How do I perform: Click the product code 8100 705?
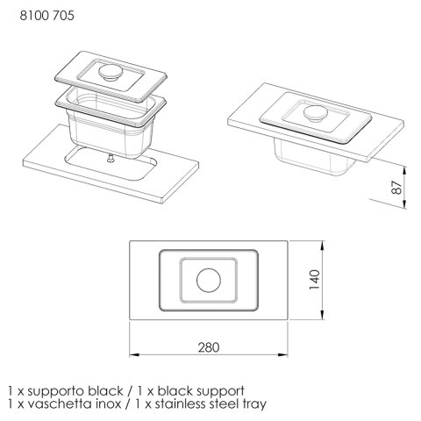[x=46, y=16]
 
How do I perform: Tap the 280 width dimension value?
[x=209, y=347]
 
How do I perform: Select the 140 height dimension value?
[x=315, y=280]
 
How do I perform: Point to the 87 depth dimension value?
[x=396, y=188]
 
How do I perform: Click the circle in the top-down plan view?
[x=209, y=280]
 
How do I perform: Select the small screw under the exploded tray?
[x=111, y=158]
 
